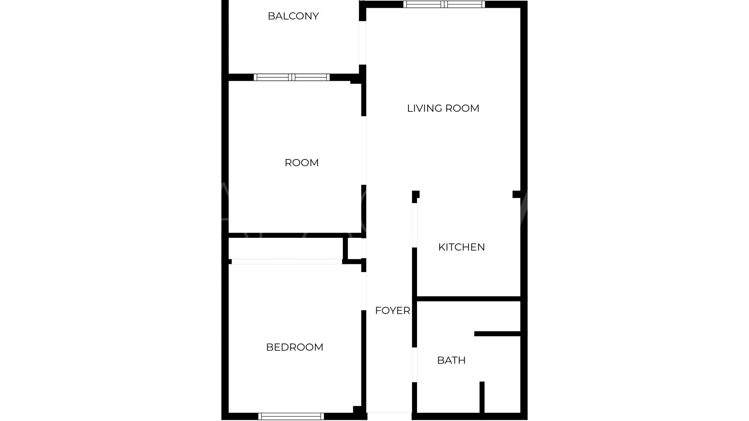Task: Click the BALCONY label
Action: click(293, 16)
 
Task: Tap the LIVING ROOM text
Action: click(443, 108)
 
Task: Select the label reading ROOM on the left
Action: click(302, 163)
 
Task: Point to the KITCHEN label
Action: click(461, 247)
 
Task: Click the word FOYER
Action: click(392, 311)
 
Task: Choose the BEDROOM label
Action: click(295, 347)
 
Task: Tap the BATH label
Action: click(451, 360)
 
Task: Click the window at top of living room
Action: click(444, 4)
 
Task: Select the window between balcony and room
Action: click(292, 77)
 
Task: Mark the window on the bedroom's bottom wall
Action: click(291, 416)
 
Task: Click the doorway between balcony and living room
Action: click(362, 43)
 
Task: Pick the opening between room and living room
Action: click(364, 150)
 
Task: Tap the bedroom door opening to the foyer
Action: click(364, 291)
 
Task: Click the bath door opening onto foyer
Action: click(415, 364)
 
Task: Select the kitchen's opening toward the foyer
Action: click(415, 225)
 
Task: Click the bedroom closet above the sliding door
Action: click(286, 248)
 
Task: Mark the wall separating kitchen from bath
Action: click(469, 299)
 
